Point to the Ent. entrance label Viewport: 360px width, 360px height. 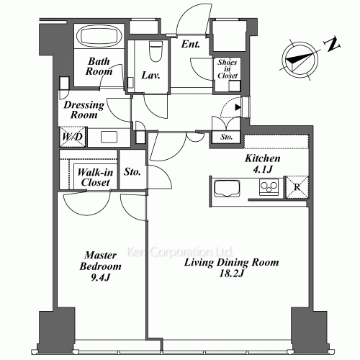coord(190,45)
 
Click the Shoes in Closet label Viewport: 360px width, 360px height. coord(228,69)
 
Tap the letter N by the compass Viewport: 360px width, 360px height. coord(333,45)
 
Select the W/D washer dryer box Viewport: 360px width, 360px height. coord(71,135)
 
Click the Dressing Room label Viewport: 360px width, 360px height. coord(84,110)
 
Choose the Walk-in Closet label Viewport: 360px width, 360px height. coord(94,177)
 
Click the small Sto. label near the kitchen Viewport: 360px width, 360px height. coord(226,136)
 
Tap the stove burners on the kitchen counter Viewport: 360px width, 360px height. coord(269,188)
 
